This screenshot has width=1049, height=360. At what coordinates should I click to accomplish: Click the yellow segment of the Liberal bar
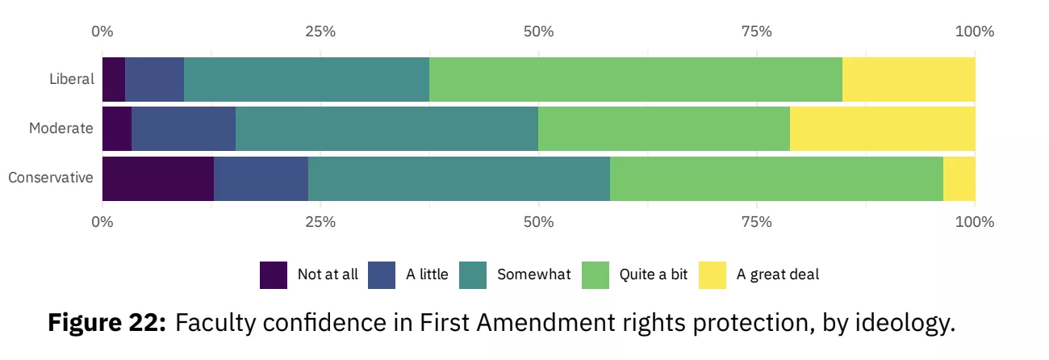909,79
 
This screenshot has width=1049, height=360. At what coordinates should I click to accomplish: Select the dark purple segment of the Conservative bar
158,178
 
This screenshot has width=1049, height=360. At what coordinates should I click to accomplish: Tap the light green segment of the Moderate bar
664,129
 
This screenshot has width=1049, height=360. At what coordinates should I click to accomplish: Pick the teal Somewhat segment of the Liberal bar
307,79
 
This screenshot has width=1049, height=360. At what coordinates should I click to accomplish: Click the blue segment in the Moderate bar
184,129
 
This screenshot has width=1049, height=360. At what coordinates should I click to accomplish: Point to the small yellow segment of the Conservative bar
959,178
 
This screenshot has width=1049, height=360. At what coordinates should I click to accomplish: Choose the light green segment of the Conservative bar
776,178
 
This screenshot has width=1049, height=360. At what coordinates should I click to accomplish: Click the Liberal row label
72,79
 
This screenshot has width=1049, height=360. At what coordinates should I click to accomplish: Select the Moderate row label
61,128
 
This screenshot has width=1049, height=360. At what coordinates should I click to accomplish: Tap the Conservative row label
51,178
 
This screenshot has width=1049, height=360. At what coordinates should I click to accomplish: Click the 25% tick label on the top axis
320,31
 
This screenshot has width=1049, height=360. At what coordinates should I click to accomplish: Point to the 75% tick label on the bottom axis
757,222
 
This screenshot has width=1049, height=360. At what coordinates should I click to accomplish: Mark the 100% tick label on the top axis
975,31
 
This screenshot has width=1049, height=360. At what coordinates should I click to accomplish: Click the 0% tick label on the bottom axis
102,222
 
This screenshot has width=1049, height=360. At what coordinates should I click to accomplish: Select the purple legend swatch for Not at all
274,275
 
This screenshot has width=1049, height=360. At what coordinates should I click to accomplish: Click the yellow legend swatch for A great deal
713,275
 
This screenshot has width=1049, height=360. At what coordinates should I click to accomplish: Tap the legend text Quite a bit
654,274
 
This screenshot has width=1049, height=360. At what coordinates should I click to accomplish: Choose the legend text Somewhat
534,274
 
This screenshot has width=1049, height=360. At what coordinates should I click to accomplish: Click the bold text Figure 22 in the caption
107,323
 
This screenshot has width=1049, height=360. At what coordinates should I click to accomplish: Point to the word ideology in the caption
905,324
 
